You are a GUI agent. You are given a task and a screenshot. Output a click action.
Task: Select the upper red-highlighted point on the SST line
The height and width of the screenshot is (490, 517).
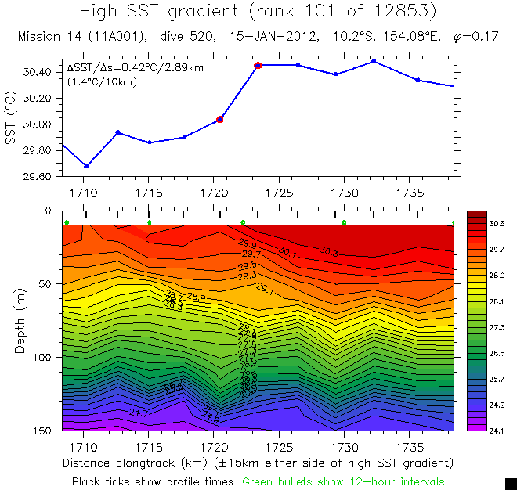(x=258, y=65)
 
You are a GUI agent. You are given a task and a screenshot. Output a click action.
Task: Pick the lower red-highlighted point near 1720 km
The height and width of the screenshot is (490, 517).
(x=220, y=120)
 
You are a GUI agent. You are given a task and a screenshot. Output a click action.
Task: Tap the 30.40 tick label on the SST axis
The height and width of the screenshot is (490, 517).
(x=38, y=72)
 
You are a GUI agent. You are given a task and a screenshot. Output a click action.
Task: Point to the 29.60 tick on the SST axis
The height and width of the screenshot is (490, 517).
(x=38, y=176)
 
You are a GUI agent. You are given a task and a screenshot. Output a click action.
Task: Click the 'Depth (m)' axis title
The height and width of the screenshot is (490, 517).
(x=20, y=319)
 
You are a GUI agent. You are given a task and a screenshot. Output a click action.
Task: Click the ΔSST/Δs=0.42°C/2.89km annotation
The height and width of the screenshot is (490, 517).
(x=136, y=68)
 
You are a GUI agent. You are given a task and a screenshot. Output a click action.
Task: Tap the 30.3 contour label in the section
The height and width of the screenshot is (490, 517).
(x=329, y=251)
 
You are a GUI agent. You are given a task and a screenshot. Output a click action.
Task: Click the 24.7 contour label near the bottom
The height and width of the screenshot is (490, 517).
(x=139, y=413)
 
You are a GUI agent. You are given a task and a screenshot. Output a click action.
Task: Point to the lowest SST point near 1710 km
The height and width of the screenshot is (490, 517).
(x=86, y=166)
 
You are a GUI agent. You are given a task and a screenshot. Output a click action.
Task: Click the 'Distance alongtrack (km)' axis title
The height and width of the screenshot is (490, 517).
(x=137, y=463)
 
